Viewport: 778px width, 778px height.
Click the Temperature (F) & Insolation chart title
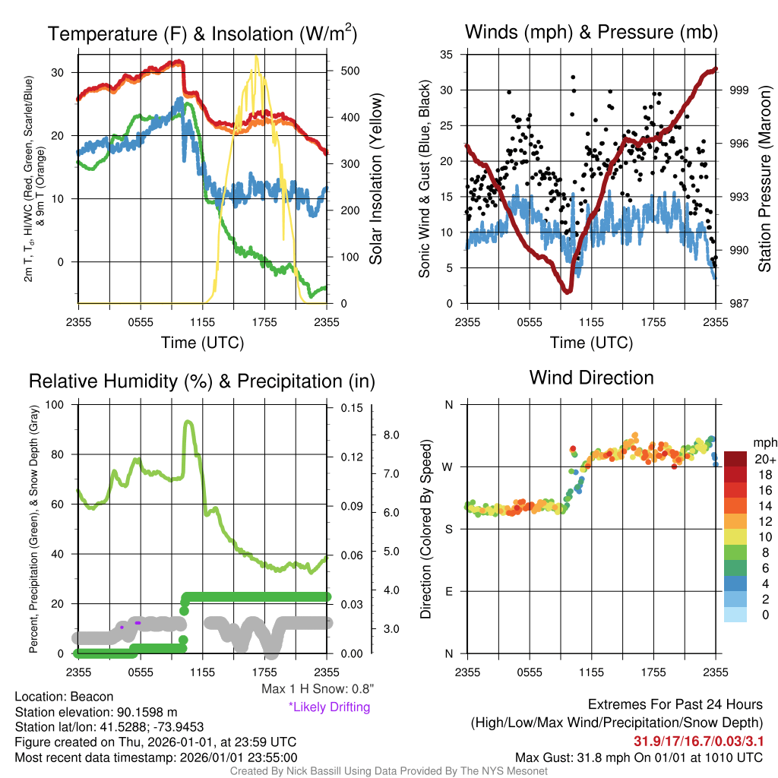[x=202, y=33]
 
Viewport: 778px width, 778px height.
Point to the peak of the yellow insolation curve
[x=256, y=56]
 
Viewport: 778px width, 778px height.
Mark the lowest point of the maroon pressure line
[x=567, y=291]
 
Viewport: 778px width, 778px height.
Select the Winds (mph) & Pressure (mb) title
[x=591, y=32]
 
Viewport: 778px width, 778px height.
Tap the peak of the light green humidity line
[x=188, y=422]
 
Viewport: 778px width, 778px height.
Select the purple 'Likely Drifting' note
[x=330, y=707]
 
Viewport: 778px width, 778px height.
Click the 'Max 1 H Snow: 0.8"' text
[x=318, y=688]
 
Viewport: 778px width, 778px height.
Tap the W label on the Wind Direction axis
[x=448, y=467]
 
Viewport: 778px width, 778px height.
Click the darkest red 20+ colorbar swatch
[x=735, y=459]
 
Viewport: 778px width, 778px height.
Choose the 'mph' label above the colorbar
[x=765, y=442]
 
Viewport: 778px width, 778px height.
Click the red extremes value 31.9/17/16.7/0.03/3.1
[x=699, y=742]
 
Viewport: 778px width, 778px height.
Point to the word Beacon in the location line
[x=92, y=697]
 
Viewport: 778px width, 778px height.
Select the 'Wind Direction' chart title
[x=591, y=378]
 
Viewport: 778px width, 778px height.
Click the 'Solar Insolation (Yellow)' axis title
[x=376, y=179]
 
